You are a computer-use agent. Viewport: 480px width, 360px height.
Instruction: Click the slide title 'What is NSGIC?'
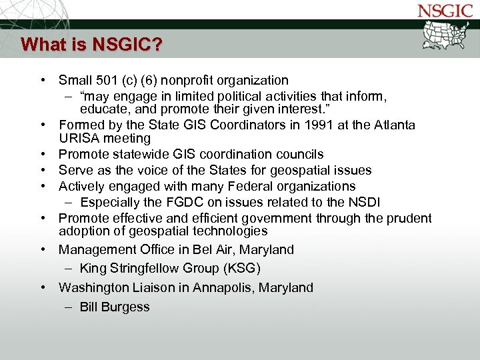tap(91, 45)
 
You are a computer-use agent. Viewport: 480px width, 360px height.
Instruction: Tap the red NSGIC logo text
tap(446, 11)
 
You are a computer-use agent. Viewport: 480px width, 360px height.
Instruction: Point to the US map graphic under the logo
tap(447, 35)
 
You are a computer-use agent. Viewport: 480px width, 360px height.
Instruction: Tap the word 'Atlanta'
tap(391, 125)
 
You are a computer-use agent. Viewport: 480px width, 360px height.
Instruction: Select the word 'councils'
tap(300, 155)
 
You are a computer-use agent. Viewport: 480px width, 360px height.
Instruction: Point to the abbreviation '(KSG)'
tap(239, 269)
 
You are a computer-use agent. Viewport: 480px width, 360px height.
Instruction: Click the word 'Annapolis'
tap(218, 288)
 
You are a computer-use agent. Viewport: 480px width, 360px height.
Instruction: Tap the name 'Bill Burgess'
tap(115, 307)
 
